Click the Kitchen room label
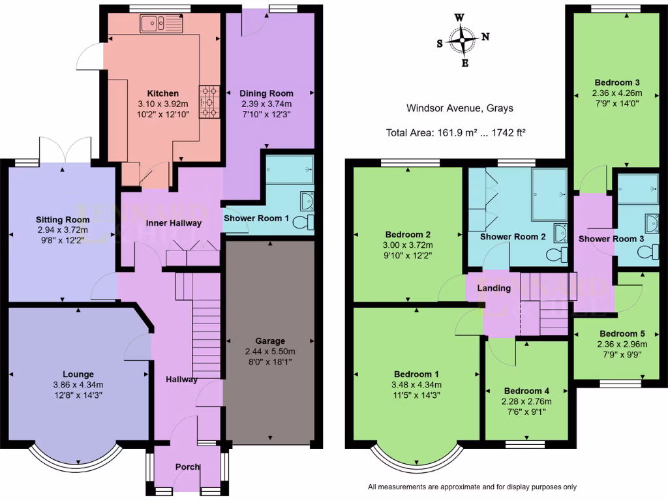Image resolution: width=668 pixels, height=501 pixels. point(162,93)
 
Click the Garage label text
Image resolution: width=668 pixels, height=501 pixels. point(270,341)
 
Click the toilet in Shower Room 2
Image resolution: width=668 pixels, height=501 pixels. point(557,254)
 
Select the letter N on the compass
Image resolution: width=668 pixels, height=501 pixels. point(485,37)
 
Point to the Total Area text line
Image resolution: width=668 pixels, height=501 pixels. point(456,132)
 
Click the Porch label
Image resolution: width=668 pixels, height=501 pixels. point(188,467)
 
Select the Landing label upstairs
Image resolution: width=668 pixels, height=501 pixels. point(494,288)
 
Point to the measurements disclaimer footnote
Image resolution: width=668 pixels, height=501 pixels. point(472,487)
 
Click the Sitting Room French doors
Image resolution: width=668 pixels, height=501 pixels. point(64,149)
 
